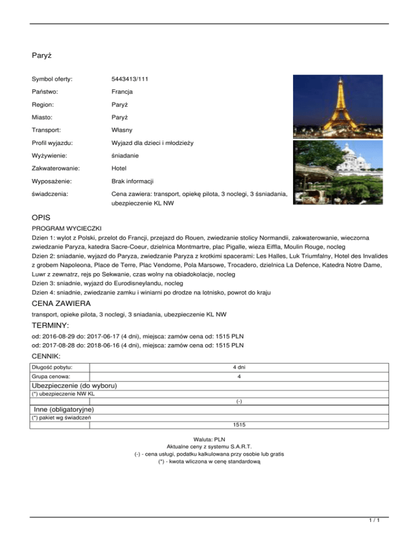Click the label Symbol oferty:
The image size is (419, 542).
tap(52, 80)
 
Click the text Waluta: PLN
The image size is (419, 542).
tap(209, 438)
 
